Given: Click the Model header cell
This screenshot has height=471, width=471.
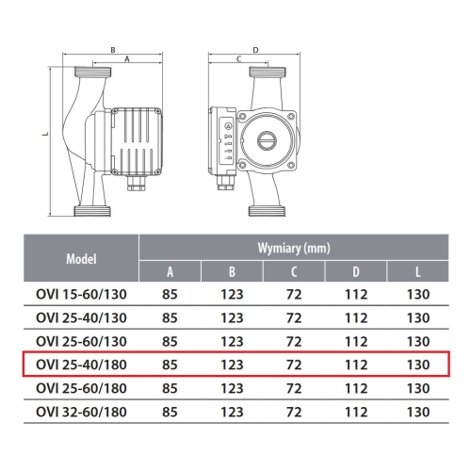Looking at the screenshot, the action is point(81,259).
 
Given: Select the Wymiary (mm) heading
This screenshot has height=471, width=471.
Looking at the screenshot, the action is point(294,248).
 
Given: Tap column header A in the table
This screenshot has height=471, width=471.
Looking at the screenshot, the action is point(170,272).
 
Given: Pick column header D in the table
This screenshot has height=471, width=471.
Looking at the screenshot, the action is point(356,272).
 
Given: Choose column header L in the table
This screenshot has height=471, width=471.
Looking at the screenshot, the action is point(418,272).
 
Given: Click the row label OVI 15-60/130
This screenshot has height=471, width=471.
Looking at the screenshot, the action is point(81,295).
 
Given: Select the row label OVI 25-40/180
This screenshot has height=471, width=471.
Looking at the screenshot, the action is point(81,365).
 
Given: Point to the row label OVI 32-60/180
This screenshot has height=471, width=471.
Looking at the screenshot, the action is point(81,412).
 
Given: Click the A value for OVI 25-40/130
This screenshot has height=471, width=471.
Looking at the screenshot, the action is point(170,318).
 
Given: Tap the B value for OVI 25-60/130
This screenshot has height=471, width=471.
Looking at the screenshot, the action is point(232,342).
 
